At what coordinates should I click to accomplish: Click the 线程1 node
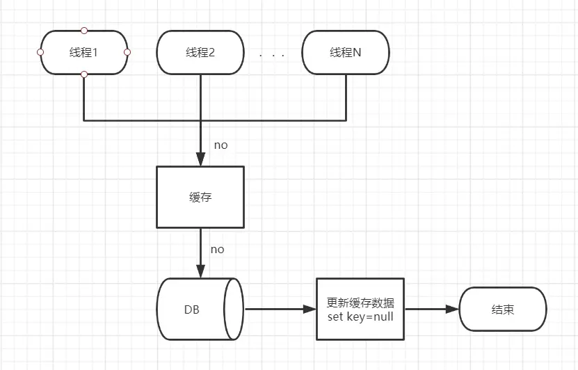pos(84,52)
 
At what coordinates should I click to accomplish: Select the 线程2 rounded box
pos(200,52)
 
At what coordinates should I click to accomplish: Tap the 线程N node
pos(346,52)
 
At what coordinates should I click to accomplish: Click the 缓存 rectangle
pos(200,197)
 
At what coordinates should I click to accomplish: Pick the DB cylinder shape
pos(198,309)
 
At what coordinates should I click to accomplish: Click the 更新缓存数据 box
pos(360,309)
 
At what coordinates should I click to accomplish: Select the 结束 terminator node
pos(502,309)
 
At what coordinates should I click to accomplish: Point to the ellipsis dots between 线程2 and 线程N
pos(272,54)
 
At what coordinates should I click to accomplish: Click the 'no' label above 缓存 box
pos(220,145)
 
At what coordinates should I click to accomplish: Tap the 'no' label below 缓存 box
pos(217,249)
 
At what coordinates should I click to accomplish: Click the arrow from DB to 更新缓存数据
pos(278,309)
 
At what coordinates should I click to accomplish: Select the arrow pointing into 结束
pos(431,309)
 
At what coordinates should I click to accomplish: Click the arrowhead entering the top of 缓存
pos(200,160)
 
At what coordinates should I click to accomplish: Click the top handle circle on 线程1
pos(84,31)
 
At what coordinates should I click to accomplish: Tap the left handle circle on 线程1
pos(40,52)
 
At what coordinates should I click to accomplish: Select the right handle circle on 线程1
pos(127,52)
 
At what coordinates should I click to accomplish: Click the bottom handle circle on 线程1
pos(84,74)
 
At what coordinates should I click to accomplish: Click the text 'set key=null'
pos(360,317)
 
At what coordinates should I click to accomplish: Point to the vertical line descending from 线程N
pos(346,97)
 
